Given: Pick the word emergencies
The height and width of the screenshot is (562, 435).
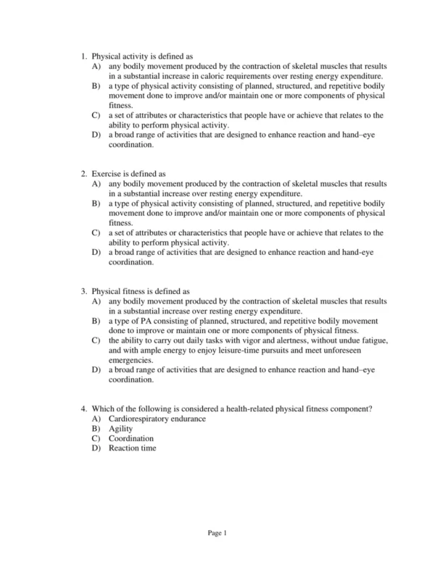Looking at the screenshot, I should [131, 359].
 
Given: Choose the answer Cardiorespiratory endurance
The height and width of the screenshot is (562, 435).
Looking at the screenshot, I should [157, 419].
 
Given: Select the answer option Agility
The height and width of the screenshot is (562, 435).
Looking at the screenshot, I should [121, 429].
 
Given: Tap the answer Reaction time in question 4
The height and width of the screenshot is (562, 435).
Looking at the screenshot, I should [133, 448].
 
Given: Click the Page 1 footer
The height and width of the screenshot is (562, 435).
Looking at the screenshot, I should [217, 534].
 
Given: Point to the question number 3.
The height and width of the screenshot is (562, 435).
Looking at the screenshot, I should [84, 292].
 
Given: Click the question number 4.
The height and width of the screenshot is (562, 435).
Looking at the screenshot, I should [84, 409].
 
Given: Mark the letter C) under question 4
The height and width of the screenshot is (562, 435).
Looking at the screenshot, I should [96, 438].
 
